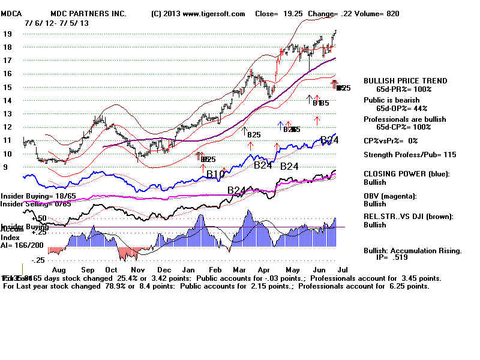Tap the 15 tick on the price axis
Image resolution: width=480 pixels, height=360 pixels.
point(7,87)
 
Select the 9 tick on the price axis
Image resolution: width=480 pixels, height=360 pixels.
point(5,167)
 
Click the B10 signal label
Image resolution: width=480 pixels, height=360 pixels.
point(215,174)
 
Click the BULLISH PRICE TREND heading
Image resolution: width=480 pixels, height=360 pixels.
point(406,81)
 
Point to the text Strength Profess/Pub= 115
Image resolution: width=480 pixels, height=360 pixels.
point(410,155)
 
